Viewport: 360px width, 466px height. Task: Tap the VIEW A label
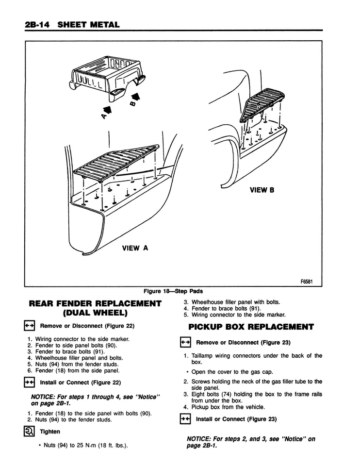(135, 248)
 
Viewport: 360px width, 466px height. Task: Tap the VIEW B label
(262, 190)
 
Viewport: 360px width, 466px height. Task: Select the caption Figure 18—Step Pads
(173, 291)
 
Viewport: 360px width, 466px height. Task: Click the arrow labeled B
(137, 98)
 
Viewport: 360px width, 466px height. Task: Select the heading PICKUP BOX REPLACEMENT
(251, 327)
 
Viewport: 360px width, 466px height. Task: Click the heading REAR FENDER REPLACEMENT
(95, 304)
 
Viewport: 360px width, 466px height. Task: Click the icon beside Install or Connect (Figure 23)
(184, 419)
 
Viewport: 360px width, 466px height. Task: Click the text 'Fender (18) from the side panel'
(77, 370)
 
